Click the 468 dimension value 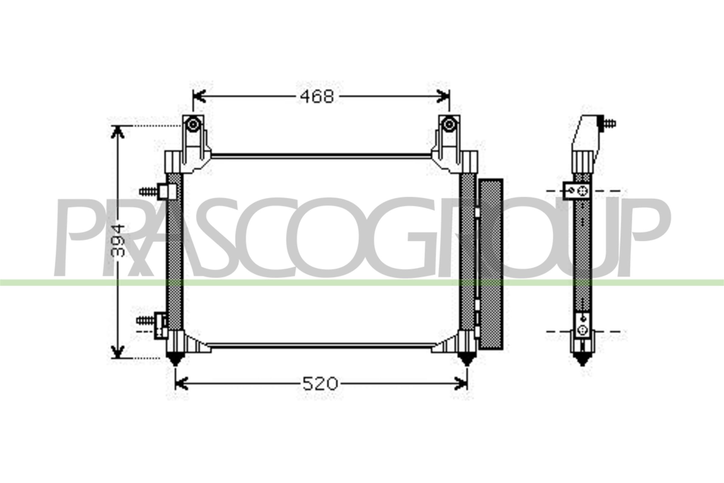point(317,97)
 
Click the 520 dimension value point(320,384)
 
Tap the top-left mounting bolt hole point(193,125)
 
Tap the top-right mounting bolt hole point(449,125)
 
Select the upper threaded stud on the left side point(148,192)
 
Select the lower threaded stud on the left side point(145,320)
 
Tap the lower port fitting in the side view point(583,330)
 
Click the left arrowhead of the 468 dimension point(198,96)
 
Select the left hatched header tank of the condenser point(174,251)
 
